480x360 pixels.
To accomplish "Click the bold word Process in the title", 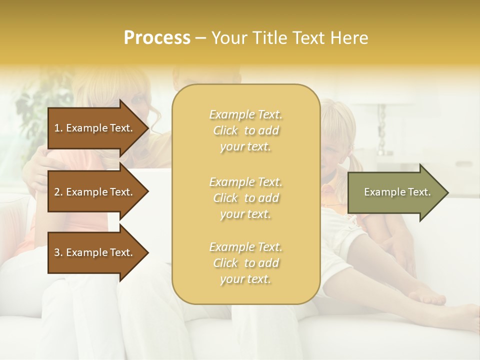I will coord(157,38).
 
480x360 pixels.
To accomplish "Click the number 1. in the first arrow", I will coord(58,128).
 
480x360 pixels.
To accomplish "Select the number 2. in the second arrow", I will coord(58,192).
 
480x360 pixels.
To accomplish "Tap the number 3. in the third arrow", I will coord(58,252).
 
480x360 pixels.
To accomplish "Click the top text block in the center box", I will coord(245,130).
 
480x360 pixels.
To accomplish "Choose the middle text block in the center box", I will coord(245,197).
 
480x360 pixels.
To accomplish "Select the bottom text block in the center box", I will coord(245,263).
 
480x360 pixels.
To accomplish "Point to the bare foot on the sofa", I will coord(425,295).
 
